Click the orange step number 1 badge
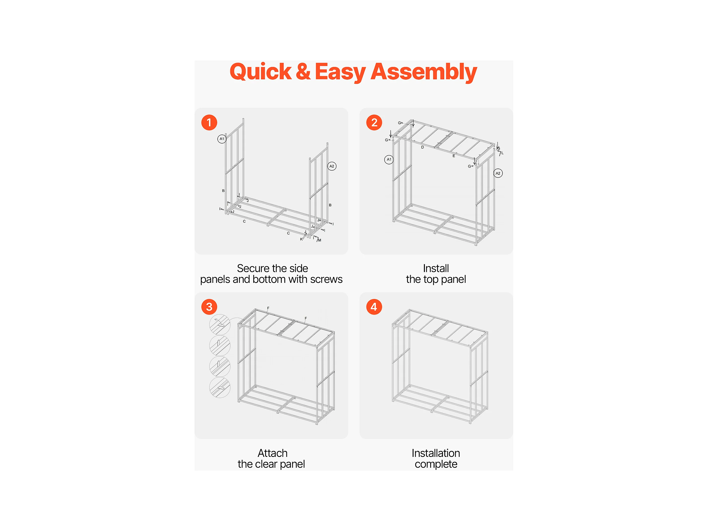(209, 123)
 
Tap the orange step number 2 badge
(374, 123)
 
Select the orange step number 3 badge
(209, 307)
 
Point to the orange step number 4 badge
(374, 307)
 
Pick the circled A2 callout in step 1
(332, 166)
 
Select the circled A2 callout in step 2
(498, 173)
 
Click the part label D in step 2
(422, 147)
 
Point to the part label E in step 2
(454, 156)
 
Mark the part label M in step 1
(320, 240)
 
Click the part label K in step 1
(301, 239)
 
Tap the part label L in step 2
(502, 153)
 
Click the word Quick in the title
(261, 72)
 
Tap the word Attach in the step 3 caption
(273, 453)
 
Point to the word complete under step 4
(436, 464)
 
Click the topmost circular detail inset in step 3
(220, 324)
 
